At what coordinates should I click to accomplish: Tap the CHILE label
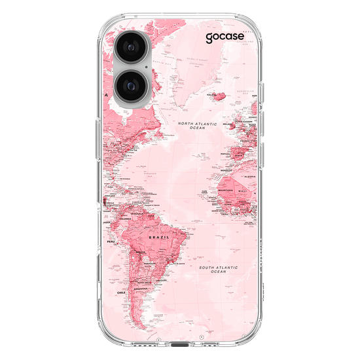click(120, 292)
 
